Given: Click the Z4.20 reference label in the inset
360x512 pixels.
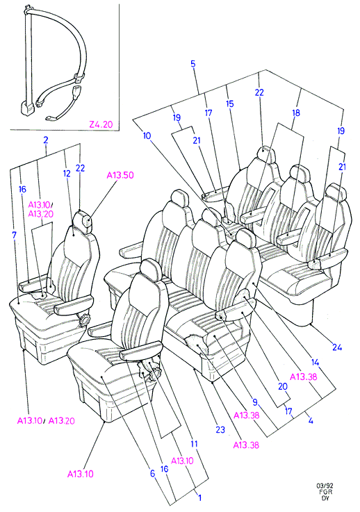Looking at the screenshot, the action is click(101, 124).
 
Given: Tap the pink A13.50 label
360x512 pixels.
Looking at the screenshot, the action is click(120, 175).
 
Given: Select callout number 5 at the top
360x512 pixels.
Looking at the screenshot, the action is click(193, 64).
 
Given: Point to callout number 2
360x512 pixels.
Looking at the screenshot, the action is click(46, 140).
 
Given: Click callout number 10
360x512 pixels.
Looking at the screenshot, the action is click(147, 135).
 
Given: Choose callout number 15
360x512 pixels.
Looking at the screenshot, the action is click(230, 104).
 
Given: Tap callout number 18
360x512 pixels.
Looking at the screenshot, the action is click(295, 113).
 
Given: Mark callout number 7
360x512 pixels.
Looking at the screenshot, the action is click(14, 235).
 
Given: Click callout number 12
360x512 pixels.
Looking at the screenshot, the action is click(67, 174).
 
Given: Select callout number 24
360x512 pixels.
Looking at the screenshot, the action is click(337, 347).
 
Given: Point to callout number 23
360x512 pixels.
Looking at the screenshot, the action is click(220, 430).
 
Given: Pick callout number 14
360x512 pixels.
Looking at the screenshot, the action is click(315, 362).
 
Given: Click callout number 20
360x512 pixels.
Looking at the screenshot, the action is click(283, 387).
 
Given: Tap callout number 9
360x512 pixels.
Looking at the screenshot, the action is click(255, 402).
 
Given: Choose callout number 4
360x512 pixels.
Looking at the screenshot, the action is click(311, 420).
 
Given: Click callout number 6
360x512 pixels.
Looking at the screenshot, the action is click(153, 473).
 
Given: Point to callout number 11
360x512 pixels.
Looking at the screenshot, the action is click(195, 444).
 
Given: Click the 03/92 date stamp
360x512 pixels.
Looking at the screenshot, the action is click(322, 486).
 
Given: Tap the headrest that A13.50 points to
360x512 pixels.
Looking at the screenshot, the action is click(83, 220).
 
